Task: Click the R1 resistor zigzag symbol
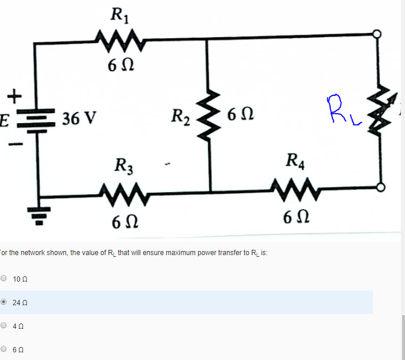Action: (120, 42)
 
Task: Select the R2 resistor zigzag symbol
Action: (210, 115)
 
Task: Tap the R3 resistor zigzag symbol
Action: (121, 191)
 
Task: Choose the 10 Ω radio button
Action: (5, 278)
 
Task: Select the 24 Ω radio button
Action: (5, 302)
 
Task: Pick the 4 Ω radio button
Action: (5, 325)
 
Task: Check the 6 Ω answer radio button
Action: (5, 349)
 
